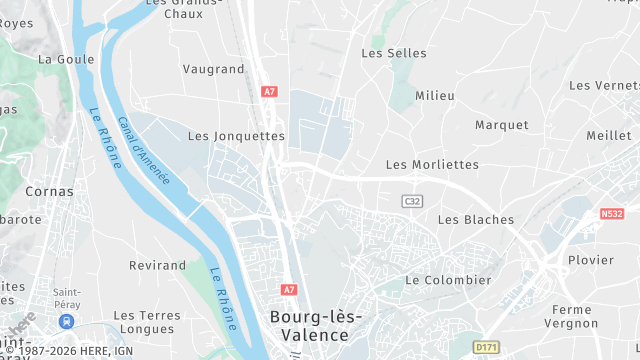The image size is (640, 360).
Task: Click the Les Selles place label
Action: point(394,53)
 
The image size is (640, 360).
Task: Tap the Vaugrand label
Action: point(213,69)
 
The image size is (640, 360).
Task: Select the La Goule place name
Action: point(66,59)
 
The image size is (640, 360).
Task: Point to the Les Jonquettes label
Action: point(236,136)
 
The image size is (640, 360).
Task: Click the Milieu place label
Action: point(435,95)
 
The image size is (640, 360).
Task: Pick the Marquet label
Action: point(502,125)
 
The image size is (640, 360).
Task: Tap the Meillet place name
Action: point(609,135)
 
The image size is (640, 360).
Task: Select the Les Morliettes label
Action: point(432,164)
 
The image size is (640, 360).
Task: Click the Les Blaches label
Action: point(476,220)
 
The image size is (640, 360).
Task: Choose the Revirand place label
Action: point(158,266)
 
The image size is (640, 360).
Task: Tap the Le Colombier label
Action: point(448,280)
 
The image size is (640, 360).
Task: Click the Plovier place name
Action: point(590,260)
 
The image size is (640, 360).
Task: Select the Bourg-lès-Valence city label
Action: point(316,326)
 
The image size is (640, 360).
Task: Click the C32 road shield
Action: point(412,201)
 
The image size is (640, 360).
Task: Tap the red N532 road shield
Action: point(613,213)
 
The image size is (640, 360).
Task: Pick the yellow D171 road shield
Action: point(486,346)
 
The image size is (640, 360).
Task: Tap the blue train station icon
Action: point(66,321)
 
